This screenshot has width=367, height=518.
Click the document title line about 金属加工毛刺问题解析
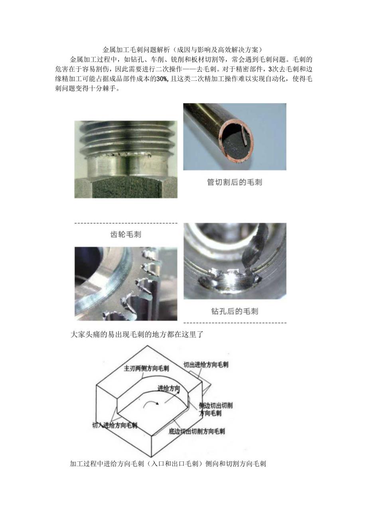pyautogui.click(x=183, y=50)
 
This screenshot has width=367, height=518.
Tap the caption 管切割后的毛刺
pyautogui.click(x=235, y=182)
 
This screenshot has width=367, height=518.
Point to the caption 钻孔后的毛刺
pyautogui.click(x=235, y=311)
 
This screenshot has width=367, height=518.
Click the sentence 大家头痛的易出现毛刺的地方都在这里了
pyautogui.click(x=137, y=334)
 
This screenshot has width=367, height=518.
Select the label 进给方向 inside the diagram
pyautogui.click(x=168, y=388)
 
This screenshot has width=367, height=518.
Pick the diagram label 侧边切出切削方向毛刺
pyautogui.click(x=215, y=409)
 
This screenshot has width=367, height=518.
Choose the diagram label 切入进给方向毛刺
pyautogui.click(x=114, y=425)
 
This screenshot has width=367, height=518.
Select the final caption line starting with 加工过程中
pyautogui.click(x=168, y=463)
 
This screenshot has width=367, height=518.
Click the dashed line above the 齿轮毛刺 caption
pyautogui.click(x=126, y=223)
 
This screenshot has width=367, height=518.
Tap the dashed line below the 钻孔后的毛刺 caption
pyautogui.click(x=235, y=322)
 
